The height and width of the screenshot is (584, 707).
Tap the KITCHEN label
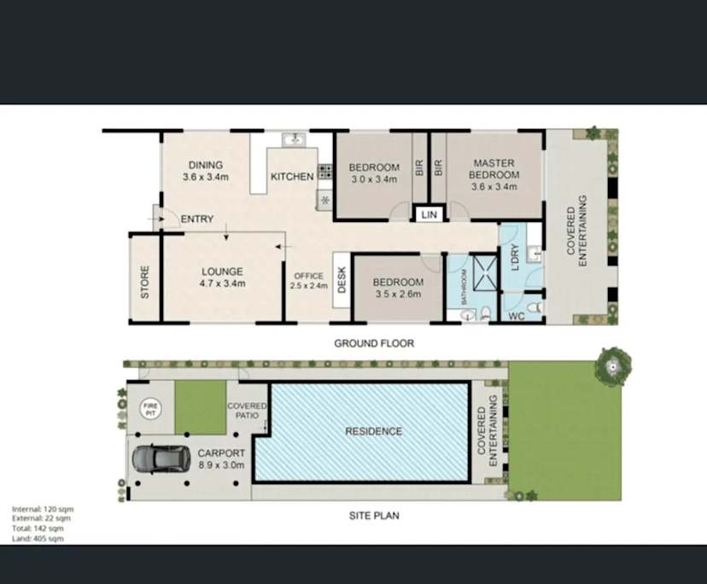click(292, 177)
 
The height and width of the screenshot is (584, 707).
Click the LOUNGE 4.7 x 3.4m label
click(222, 277)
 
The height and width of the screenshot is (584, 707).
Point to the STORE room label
click(145, 282)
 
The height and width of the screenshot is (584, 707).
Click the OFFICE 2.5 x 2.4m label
click(308, 281)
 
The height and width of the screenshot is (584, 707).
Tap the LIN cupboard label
click(429, 215)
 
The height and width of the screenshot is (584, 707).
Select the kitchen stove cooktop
click(325, 171)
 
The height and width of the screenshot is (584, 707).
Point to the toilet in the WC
click(534, 306)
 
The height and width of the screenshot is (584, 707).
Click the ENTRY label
click(196, 219)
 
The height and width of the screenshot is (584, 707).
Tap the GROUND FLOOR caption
click(374, 343)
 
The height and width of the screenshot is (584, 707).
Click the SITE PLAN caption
click(373, 515)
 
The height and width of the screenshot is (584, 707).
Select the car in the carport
click(161, 458)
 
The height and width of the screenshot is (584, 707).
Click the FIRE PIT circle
click(150, 409)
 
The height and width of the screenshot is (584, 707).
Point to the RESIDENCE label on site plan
click(373, 431)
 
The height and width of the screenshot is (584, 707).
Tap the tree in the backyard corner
click(612, 364)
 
